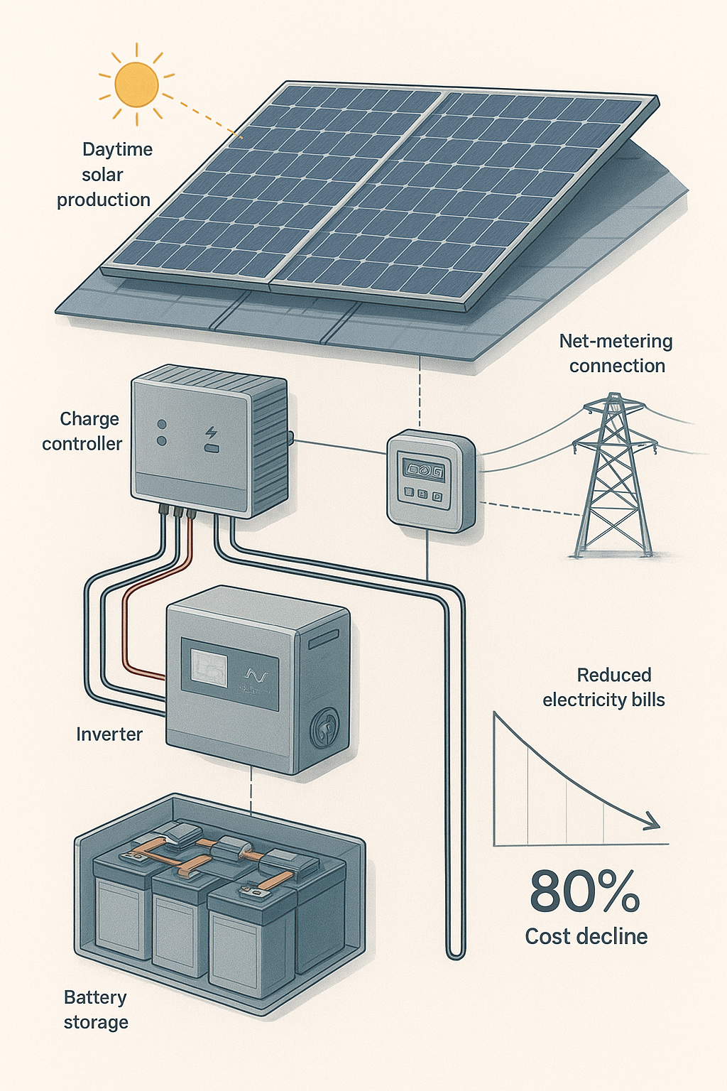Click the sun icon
click(136, 84)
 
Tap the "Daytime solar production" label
click(105, 175)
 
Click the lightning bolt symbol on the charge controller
click(212, 433)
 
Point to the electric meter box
click(430, 481)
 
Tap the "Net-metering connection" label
click(616, 353)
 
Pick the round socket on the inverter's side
click(324, 727)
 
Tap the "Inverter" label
click(109, 734)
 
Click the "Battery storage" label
click(96, 1009)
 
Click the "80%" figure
click(585, 892)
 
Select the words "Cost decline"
click(586, 937)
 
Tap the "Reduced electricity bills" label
click(605, 688)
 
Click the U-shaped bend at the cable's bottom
click(456, 952)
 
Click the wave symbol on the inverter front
click(253, 673)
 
